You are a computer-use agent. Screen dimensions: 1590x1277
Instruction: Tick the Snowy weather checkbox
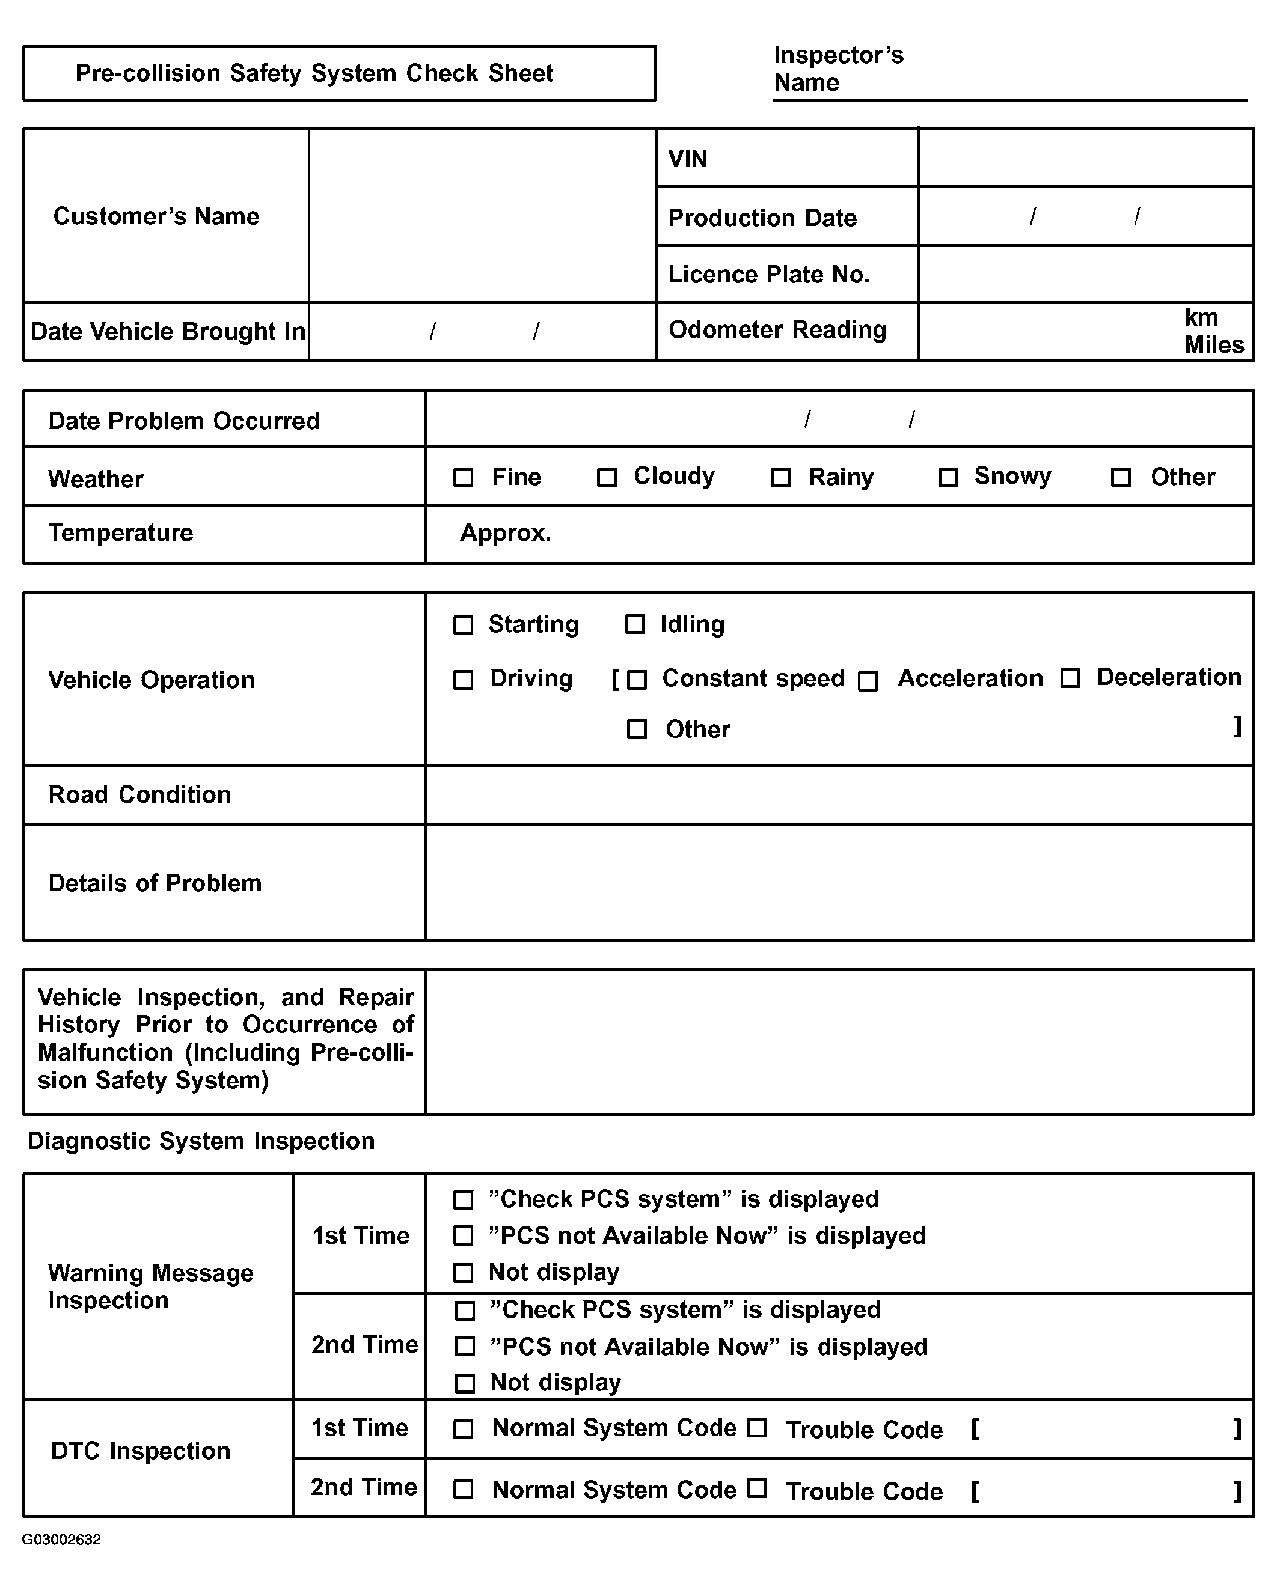point(948,477)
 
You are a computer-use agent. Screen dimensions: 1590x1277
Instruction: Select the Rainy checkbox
point(780,477)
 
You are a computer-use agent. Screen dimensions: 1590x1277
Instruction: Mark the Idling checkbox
point(634,624)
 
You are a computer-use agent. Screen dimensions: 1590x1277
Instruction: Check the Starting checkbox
point(462,625)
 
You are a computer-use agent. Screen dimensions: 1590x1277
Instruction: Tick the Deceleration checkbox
point(1070,678)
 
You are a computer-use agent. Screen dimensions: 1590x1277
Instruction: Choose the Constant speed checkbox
point(637,679)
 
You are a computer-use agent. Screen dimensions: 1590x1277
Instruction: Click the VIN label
point(688,159)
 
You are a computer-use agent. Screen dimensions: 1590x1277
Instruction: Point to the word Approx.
point(506,532)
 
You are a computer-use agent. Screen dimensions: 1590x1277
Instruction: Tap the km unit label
point(1201,317)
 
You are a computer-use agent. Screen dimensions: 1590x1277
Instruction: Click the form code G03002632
point(61,1539)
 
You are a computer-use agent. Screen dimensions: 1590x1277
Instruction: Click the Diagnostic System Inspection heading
point(201,1141)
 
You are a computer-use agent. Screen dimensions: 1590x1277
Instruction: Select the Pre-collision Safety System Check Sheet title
point(314,73)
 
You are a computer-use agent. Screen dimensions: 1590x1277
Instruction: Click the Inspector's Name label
point(838,69)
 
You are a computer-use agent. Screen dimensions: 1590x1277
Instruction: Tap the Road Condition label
point(139,794)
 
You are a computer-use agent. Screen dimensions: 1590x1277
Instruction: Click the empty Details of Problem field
point(839,882)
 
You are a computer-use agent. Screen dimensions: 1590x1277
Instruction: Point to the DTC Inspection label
point(140,1451)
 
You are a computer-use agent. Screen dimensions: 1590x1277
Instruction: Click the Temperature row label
point(120,532)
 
